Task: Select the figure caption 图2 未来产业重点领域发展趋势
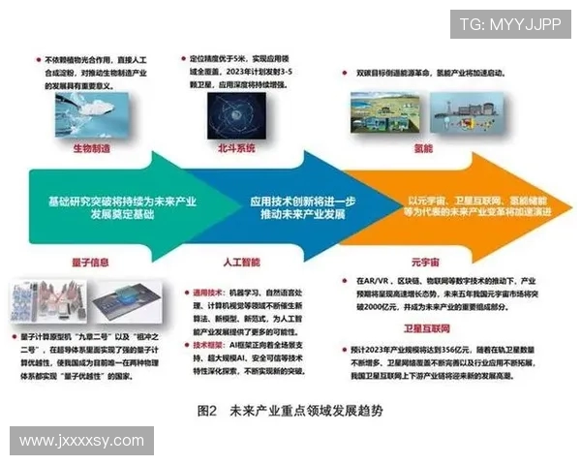[x=290, y=410]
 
